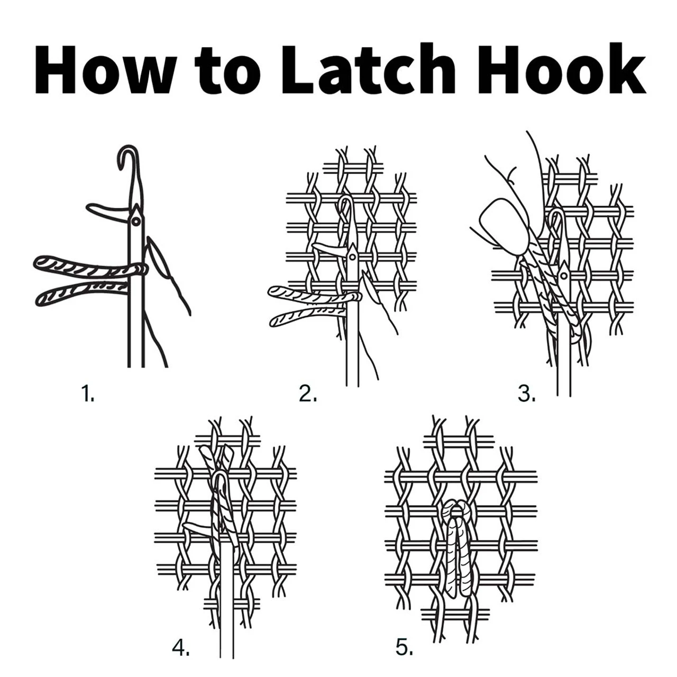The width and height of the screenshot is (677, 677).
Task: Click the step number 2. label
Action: (x=308, y=394)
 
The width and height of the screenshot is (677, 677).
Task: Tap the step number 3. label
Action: (x=527, y=394)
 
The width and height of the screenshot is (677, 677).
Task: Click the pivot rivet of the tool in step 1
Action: (x=135, y=221)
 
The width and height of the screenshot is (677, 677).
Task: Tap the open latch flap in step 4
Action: (x=198, y=526)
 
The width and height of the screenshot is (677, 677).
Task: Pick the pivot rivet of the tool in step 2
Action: (x=352, y=257)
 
